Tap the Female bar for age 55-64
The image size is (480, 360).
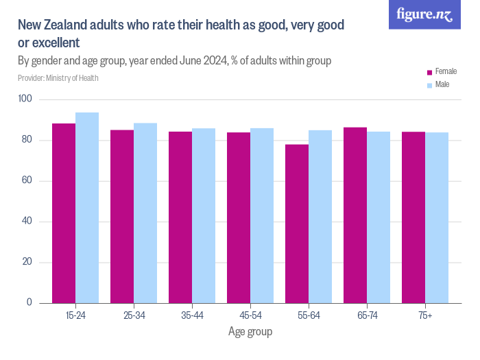(297, 224)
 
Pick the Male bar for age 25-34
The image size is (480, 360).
(145, 213)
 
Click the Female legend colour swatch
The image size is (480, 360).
(429, 72)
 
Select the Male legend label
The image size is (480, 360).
(442, 85)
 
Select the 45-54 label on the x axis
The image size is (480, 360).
(250, 315)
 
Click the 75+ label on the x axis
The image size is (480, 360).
(425, 315)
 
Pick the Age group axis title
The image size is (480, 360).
(250, 332)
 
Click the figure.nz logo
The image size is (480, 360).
(424, 14)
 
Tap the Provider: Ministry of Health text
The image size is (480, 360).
(58, 78)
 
